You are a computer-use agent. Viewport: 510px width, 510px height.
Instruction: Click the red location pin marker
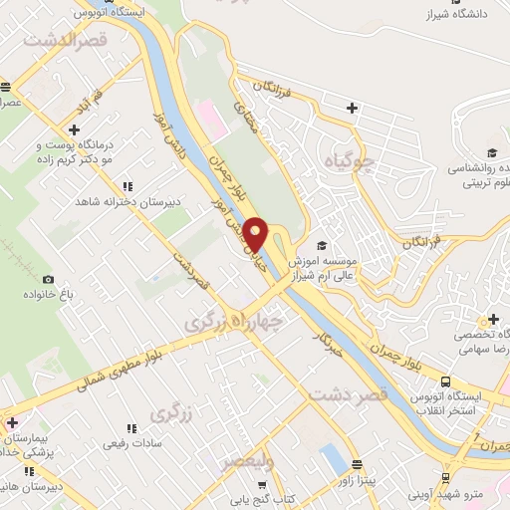[256, 234]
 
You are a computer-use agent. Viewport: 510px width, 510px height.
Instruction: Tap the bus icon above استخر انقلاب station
[445, 382]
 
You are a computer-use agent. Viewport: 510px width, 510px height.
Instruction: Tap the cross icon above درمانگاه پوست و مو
[74, 129]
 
